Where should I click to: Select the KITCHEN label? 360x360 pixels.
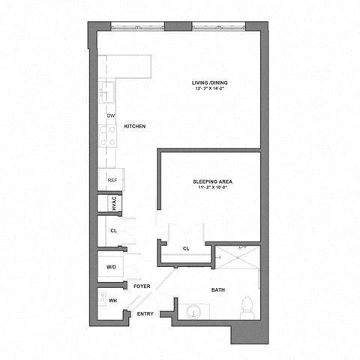pyautogui.click(x=134, y=127)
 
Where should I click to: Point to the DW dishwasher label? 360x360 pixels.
pyautogui.click(x=110, y=115)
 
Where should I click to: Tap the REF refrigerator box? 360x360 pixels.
pyautogui.click(x=112, y=180)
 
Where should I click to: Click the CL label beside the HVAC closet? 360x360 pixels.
pyautogui.click(x=113, y=231)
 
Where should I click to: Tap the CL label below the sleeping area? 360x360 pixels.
pyautogui.click(x=186, y=249)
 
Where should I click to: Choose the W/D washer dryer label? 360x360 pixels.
pyautogui.click(x=112, y=266)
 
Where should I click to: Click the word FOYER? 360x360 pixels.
pyautogui.click(x=142, y=286)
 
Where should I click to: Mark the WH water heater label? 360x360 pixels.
pyautogui.click(x=113, y=301)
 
